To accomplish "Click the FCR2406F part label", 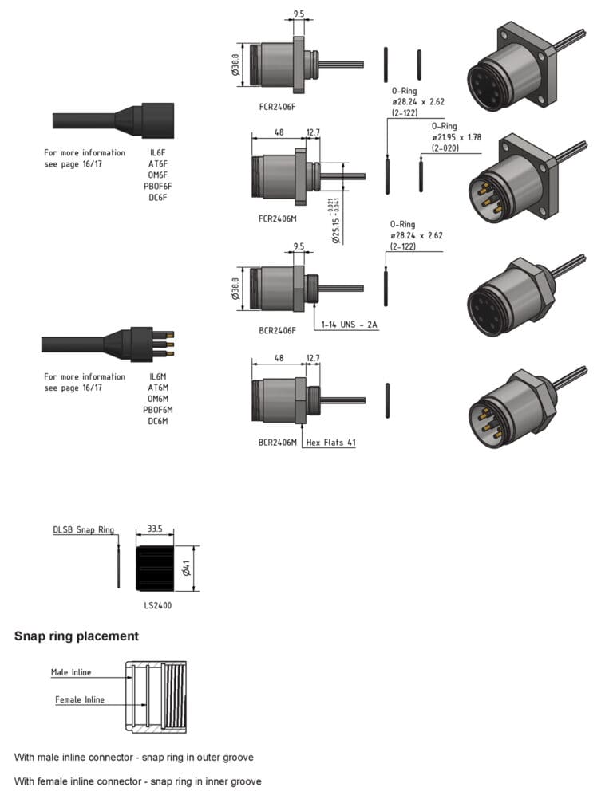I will pyautogui.click(x=278, y=106).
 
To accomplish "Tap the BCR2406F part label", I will pyautogui.click(x=278, y=329).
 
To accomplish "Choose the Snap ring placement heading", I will pyautogui.click(x=77, y=636).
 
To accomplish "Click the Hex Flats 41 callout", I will pyautogui.click(x=330, y=442).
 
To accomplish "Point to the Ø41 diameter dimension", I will pyautogui.click(x=185, y=569).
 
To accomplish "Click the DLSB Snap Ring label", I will pyautogui.click(x=84, y=529).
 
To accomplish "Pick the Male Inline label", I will pyautogui.click(x=71, y=672).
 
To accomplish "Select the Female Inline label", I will pyautogui.click(x=79, y=699).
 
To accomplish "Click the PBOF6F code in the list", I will pyautogui.click(x=158, y=187).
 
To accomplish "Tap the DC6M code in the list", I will pyautogui.click(x=158, y=421).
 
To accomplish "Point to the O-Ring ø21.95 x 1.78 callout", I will pyautogui.click(x=457, y=137).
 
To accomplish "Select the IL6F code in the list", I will pyautogui.click(x=158, y=152).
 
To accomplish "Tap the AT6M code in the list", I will pyautogui.click(x=158, y=388).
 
